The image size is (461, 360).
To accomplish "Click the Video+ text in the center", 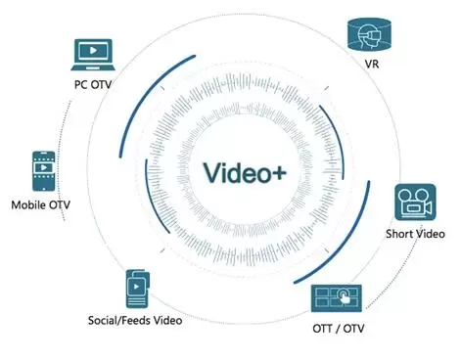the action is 245,172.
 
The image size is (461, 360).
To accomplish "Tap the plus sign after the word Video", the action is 278,173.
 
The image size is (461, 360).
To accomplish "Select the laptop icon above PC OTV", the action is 93,55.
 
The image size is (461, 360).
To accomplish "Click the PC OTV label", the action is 93,84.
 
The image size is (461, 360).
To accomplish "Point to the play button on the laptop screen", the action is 93,51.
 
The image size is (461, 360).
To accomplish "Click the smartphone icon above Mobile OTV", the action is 44,171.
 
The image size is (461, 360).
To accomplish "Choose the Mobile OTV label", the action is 41,204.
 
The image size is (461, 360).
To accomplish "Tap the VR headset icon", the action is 369,34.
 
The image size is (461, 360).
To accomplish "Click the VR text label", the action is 372,64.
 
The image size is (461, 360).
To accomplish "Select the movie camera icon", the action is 415,202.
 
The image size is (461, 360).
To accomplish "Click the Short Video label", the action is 415,234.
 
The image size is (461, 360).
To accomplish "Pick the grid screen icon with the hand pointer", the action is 337,298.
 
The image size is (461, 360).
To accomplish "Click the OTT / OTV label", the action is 339,328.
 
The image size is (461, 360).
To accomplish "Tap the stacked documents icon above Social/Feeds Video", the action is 138,289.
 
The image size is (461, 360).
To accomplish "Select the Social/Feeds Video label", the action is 135,320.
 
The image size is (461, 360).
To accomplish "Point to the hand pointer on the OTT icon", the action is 344,295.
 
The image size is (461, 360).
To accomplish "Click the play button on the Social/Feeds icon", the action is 136,287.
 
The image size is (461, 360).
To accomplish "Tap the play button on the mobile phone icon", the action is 44,167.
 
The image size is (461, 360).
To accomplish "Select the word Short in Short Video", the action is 397,234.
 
